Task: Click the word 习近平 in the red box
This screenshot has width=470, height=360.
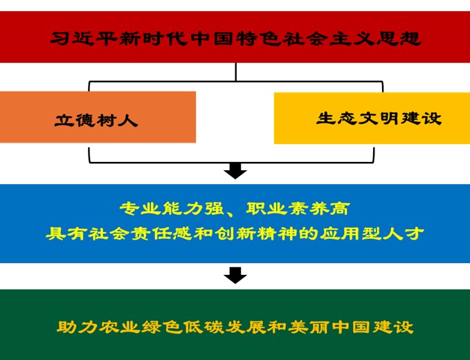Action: click(x=81, y=38)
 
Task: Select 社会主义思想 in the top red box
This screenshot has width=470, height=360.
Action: click(x=336, y=38)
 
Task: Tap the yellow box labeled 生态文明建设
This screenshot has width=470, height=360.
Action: click(x=372, y=118)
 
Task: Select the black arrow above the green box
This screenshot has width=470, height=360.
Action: click(x=235, y=275)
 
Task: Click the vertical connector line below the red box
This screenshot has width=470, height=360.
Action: click(x=236, y=71)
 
